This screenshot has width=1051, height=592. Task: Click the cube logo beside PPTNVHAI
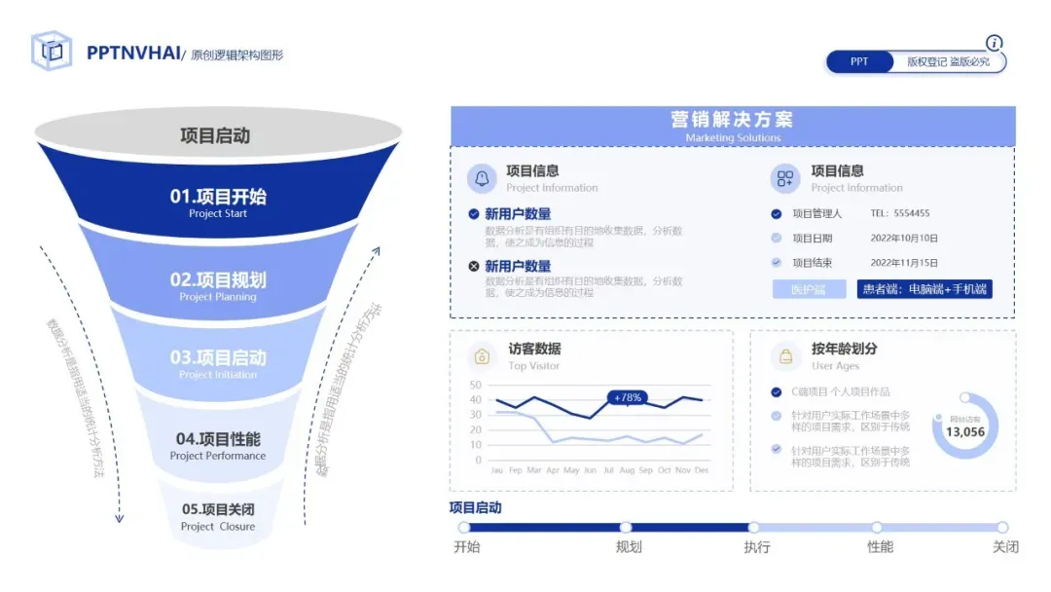52,51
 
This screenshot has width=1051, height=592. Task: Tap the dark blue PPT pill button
859,61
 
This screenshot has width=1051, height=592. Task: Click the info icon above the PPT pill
994,43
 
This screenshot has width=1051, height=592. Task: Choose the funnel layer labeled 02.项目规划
218,285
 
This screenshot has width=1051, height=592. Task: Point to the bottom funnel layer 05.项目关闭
218,516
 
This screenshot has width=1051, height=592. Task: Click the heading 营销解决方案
732,120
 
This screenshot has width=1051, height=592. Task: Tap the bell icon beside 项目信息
482,177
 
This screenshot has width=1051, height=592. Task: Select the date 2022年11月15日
904,263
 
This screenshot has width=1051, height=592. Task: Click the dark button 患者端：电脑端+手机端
924,289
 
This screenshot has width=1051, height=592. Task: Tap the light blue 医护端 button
809,289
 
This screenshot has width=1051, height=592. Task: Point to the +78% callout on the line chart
628,397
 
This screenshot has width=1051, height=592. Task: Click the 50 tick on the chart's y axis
475,386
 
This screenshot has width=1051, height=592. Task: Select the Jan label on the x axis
497,470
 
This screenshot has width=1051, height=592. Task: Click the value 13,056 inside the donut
964,432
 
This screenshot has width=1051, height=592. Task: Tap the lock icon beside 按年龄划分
785,355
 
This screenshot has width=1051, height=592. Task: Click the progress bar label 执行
756,547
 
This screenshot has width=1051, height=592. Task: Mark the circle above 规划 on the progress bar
626,528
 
